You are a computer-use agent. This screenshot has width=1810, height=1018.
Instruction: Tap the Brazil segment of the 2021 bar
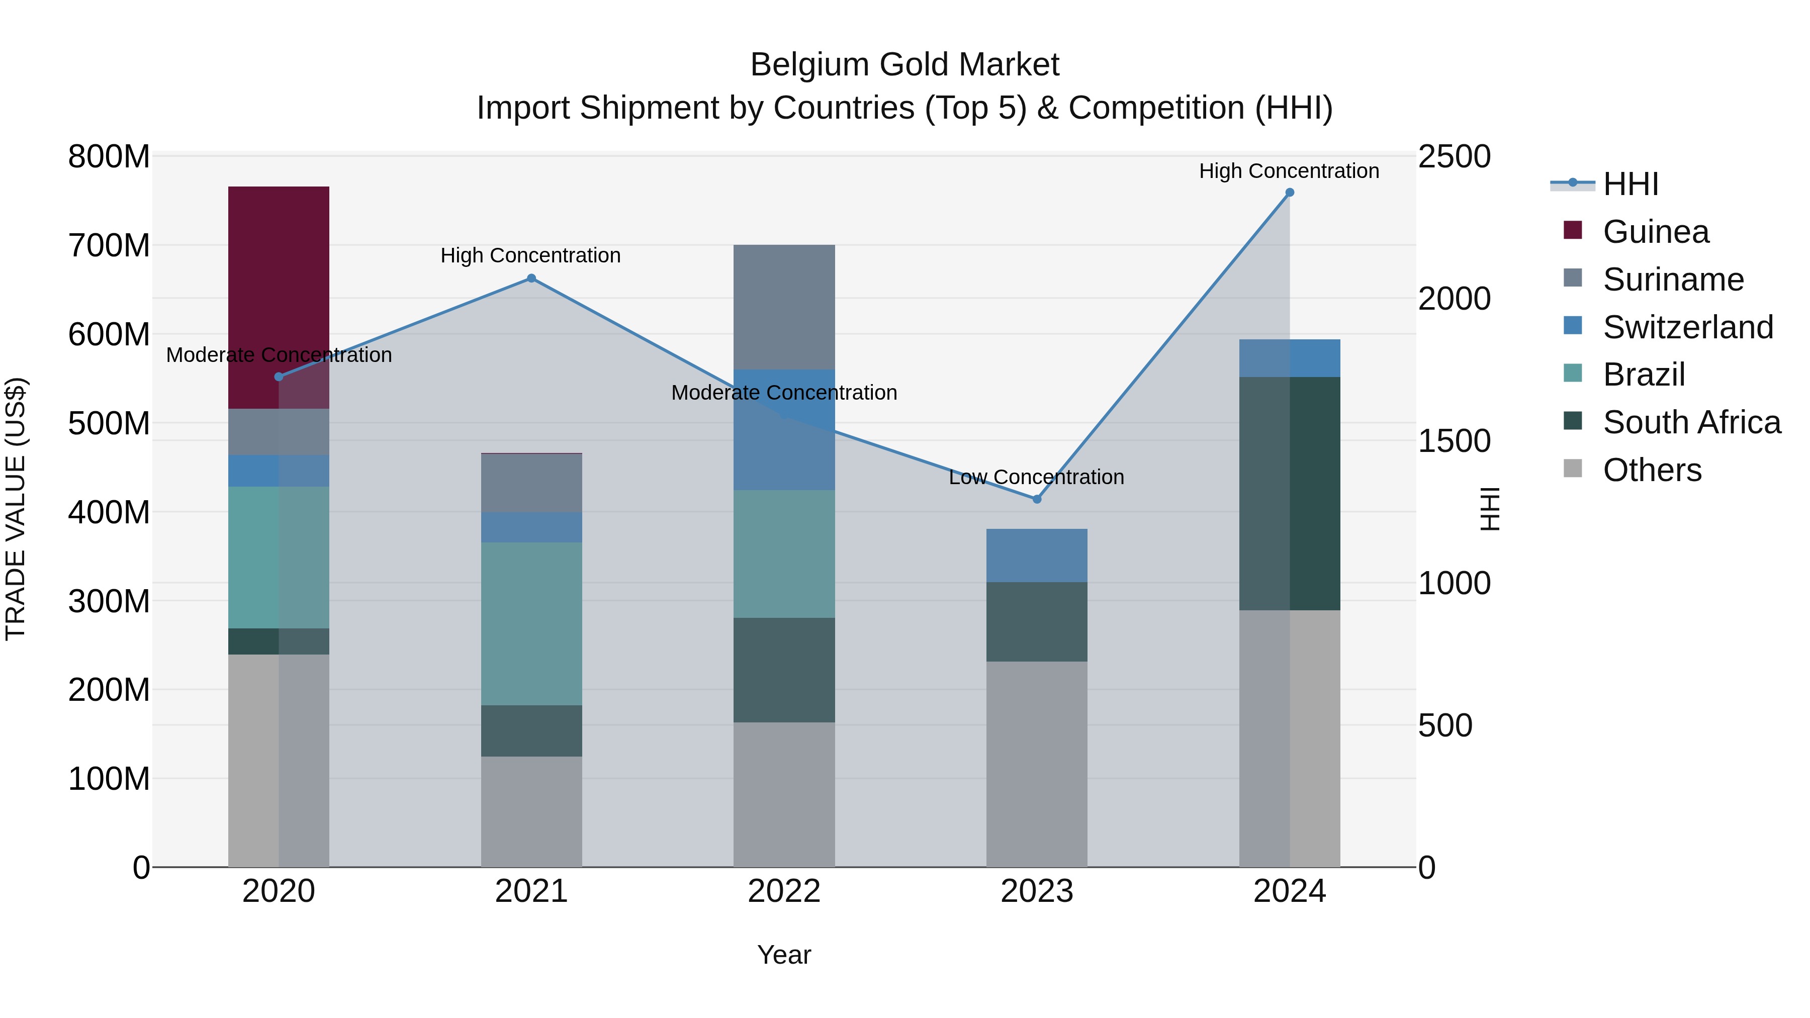click(x=531, y=623)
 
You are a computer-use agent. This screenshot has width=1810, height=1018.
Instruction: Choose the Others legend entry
click(x=1652, y=470)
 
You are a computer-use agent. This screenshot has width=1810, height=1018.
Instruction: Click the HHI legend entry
click(x=1630, y=184)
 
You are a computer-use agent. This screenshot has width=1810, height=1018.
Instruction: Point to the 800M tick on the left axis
click(x=109, y=157)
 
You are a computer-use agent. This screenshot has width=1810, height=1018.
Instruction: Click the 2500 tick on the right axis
click(x=1453, y=157)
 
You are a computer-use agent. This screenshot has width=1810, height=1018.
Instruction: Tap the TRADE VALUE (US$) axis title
click(x=16, y=509)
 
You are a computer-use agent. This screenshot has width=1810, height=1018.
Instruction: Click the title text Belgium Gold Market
click(x=904, y=65)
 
